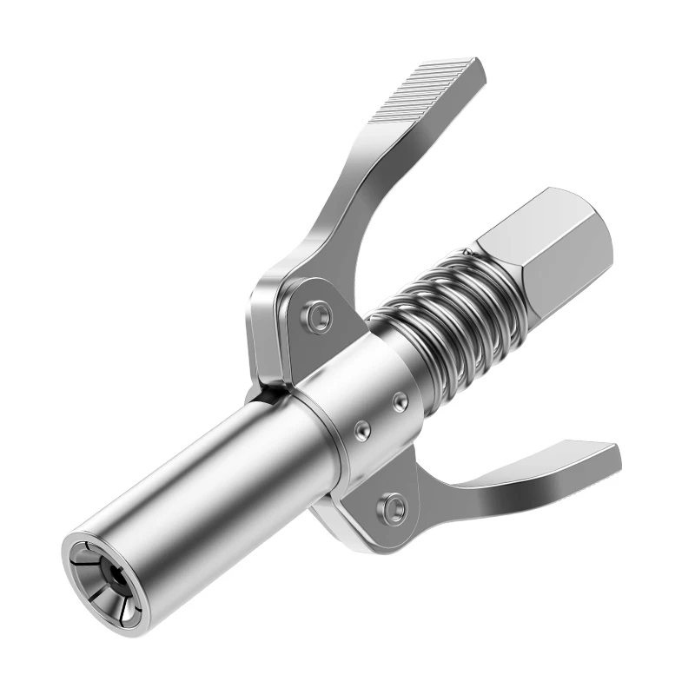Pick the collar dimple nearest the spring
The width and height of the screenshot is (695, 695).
click(399, 399)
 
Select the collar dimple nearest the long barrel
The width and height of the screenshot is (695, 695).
click(359, 429)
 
